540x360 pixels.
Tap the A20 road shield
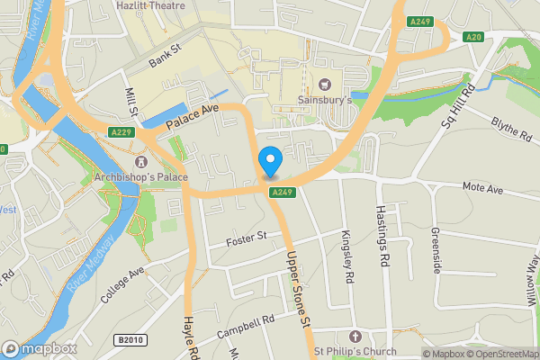point(473,37)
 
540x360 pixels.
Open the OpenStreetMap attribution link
point(503,354)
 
